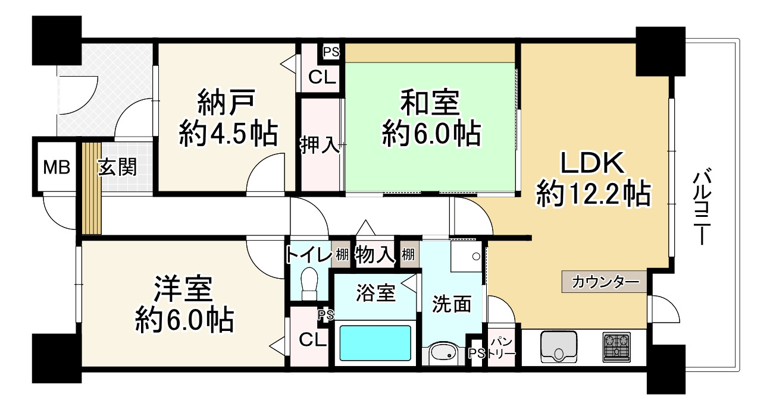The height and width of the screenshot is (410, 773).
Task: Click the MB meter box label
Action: point(57,168)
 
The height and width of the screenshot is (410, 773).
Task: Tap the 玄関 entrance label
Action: point(117,167)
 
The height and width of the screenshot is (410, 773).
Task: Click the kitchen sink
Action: point(560,346)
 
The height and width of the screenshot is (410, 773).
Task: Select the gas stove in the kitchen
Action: point(617,347)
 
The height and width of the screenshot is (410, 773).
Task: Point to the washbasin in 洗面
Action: point(443,353)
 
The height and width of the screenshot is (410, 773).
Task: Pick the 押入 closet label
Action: point(320,146)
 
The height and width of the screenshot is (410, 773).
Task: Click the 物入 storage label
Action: point(375,255)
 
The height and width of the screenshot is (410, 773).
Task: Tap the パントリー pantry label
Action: point(499,349)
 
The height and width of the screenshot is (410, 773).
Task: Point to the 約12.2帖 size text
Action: point(593,193)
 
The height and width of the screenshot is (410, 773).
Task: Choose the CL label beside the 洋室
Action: point(312,340)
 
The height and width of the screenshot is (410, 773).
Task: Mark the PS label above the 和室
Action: point(331,52)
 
